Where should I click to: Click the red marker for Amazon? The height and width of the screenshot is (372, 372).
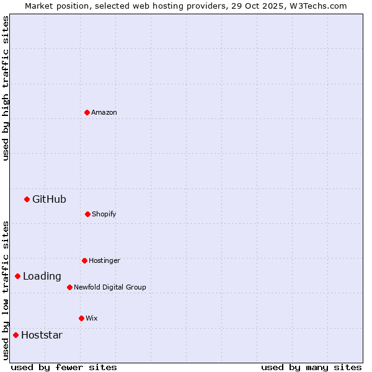click(x=87, y=112)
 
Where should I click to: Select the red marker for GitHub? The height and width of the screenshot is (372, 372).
click(x=27, y=199)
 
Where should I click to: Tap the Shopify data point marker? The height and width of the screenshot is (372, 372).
click(x=87, y=214)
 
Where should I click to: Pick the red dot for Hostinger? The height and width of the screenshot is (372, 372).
click(x=84, y=260)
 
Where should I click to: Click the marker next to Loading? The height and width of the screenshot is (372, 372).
click(x=17, y=276)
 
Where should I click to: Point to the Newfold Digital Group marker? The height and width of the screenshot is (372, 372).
click(x=69, y=287)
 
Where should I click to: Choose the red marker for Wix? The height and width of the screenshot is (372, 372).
click(x=81, y=318)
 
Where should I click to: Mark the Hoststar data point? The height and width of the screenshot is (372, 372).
click(x=15, y=335)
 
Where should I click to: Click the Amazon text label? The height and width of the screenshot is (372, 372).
click(x=104, y=112)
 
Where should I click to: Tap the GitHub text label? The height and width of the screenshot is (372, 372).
click(x=49, y=199)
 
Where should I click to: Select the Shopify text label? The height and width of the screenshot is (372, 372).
click(x=104, y=214)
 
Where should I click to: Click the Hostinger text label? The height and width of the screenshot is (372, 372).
click(x=104, y=260)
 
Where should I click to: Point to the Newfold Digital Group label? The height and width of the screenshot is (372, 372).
click(x=110, y=287)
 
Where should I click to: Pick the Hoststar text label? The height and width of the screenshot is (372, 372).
click(x=42, y=335)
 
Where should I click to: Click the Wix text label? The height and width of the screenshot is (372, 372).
click(x=92, y=318)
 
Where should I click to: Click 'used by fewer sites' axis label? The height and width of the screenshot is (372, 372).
click(x=64, y=367)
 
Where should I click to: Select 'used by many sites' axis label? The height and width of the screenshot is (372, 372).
click(x=311, y=367)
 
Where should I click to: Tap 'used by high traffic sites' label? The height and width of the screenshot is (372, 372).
click(x=6, y=88)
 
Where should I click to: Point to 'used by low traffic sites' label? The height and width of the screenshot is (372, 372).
click(x=6, y=290)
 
